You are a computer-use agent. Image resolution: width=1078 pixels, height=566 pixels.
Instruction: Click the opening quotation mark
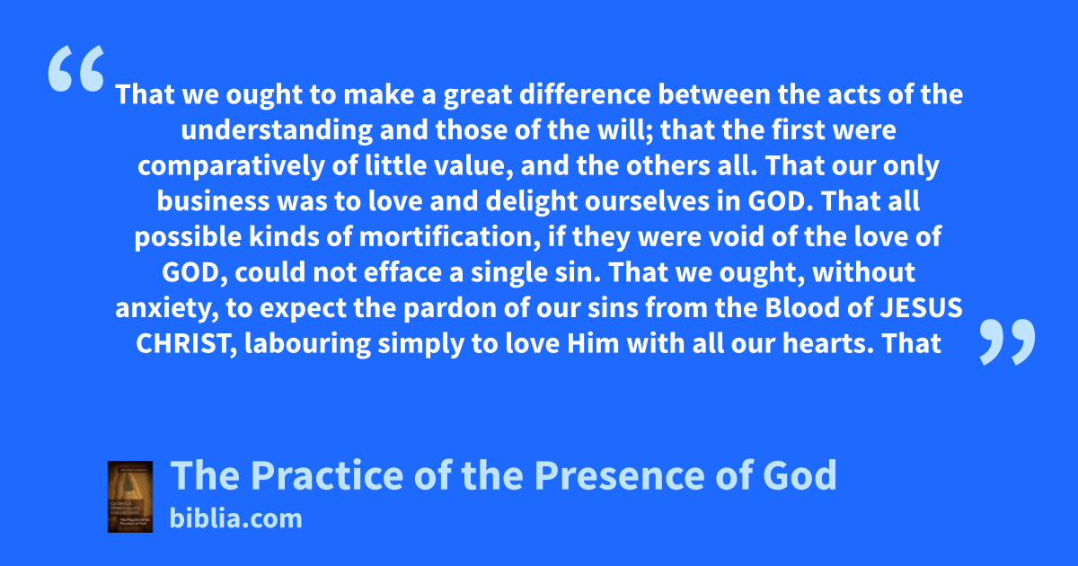pyautogui.click(x=76, y=68)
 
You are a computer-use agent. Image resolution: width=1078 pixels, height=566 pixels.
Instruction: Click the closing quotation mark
pyautogui.click(x=1007, y=341)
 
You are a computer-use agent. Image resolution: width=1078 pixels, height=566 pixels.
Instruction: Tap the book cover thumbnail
pyautogui.click(x=130, y=497)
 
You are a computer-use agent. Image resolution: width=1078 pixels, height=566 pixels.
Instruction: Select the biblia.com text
pyautogui.click(x=235, y=518)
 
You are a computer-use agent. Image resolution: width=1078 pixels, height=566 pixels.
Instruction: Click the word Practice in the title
pyautogui.click(x=327, y=475)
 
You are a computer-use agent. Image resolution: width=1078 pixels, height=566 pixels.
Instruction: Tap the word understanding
pyautogui.click(x=277, y=130)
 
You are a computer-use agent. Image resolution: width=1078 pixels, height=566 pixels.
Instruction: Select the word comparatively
pyautogui.click(x=232, y=166)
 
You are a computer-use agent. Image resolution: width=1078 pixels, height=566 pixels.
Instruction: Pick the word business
pyautogui.click(x=213, y=201)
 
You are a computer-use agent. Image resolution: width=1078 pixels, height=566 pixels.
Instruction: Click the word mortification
pyautogui.click(x=450, y=237)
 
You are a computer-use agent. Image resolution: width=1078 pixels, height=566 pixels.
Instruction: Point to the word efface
pyautogui.click(x=402, y=272)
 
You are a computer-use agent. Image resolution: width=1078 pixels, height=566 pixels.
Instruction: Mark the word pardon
pyautogui.click(x=450, y=308)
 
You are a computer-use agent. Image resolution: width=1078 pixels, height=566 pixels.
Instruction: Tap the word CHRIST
pyautogui.click(x=186, y=344)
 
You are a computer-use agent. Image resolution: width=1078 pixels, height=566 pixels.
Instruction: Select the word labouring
pyautogui.click(x=307, y=344)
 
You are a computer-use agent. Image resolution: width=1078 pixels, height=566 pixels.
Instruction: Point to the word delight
pyautogui.click(x=531, y=201)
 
